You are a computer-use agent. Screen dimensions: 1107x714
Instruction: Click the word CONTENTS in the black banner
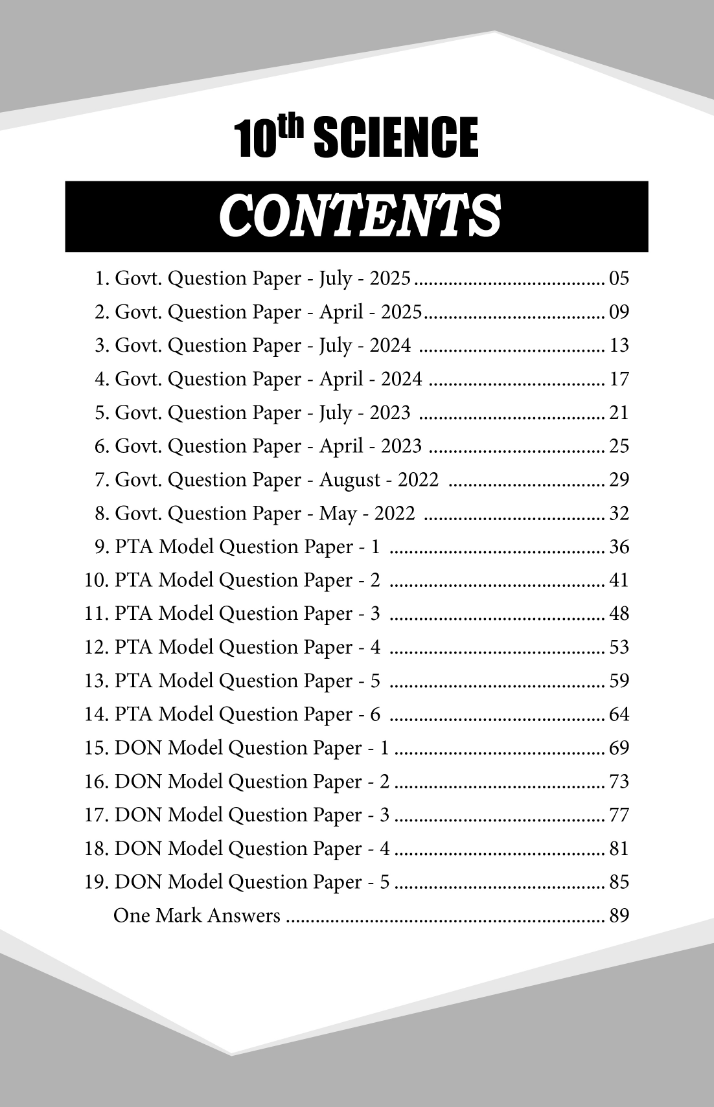[360, 216]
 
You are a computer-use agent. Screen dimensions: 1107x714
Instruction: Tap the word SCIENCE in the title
[396, 138]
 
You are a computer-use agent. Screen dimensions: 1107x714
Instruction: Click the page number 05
[619, 279]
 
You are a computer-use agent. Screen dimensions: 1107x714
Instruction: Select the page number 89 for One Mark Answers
[619, 916]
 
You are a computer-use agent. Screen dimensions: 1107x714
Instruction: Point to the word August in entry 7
[350, 480]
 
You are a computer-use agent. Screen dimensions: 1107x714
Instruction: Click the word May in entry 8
[338, 514]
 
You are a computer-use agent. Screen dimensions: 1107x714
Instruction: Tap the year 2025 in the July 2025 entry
[390, 279]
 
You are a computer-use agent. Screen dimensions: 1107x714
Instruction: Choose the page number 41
[619, 580]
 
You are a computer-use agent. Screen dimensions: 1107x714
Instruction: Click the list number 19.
[97, 882]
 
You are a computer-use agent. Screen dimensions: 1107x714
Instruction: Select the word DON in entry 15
[139, 748]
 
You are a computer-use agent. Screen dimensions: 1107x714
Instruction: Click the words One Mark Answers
[197, 916]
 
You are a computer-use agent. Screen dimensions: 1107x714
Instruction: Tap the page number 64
[619, 714]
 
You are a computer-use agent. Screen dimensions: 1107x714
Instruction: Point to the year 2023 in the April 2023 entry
[401, 446]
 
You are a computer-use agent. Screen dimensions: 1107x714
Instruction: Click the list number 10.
[97, 580]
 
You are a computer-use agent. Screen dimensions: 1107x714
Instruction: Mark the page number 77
[619, 815]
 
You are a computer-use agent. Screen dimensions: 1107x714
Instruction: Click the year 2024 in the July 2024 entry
[390, 346]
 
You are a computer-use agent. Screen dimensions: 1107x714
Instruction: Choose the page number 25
[619, 446]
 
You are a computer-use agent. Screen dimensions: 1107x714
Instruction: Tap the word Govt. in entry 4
[138, 380]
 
